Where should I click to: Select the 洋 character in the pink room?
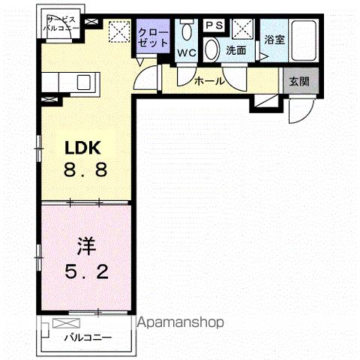click(x=85, y=245)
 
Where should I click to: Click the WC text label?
click(x=187, y=52)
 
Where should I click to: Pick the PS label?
click(x=213, y=24)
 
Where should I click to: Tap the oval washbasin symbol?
click(x=212, y=50)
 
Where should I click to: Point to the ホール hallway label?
click(x=208, y=79)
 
